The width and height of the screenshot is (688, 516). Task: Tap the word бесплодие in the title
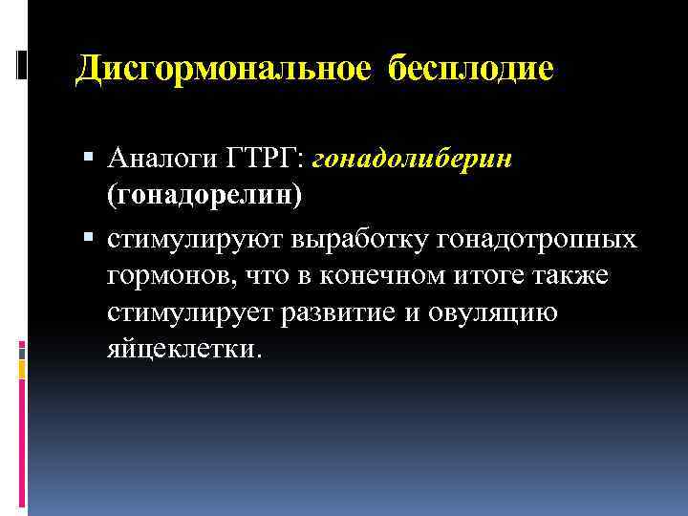[x=471, y=69]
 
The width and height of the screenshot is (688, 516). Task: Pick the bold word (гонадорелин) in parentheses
[x=204, y=195]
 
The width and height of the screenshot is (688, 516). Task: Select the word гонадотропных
[x=536, y=238]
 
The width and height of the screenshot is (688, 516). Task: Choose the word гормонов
[x=162, y=275]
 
